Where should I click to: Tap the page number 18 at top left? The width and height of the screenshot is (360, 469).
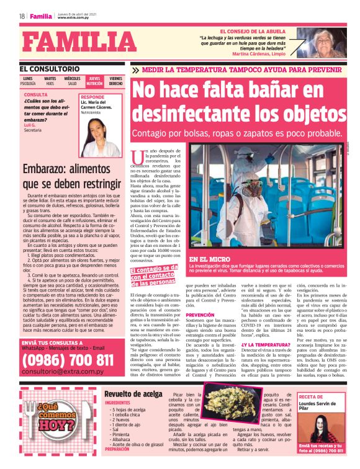(x=21, y=16)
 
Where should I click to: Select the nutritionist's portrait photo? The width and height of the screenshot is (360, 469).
(x=101, y=138)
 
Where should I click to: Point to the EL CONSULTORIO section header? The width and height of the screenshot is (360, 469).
(x=49, y=68)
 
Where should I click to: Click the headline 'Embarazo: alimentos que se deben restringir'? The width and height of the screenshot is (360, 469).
(x=71, y=177)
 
